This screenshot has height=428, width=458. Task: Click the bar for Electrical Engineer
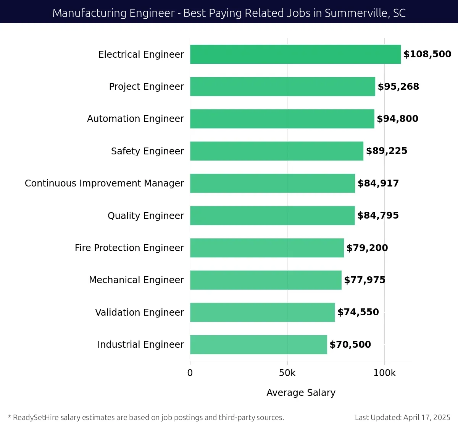click(295, 54)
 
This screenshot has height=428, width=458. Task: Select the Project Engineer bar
click(282, 86)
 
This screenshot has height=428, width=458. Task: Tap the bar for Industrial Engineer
click(258, 344)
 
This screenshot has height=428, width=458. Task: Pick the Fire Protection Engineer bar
click(267, 248)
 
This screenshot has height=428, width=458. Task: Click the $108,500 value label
click(427, 54)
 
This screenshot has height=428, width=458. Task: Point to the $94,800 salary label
click(397, 119)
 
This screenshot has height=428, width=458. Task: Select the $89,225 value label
click(386, 151)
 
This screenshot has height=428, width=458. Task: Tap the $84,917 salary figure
click(378, 183)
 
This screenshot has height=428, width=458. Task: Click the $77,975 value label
click(364, 280)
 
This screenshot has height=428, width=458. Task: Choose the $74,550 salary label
click(358, 312)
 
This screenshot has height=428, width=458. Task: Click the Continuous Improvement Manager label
click(104, 183)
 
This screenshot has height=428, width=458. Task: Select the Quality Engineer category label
click(145, 216)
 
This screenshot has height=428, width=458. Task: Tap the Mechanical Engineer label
click(136, 280)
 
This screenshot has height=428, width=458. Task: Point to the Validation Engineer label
click(139, 312)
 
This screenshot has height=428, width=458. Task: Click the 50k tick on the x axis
click(287, 373)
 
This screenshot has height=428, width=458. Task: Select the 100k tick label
click(384, 373)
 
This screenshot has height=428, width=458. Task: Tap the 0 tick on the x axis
click(190, 373)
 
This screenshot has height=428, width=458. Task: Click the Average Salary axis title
click(301, 392)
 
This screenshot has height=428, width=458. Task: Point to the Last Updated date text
click(402, 417)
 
